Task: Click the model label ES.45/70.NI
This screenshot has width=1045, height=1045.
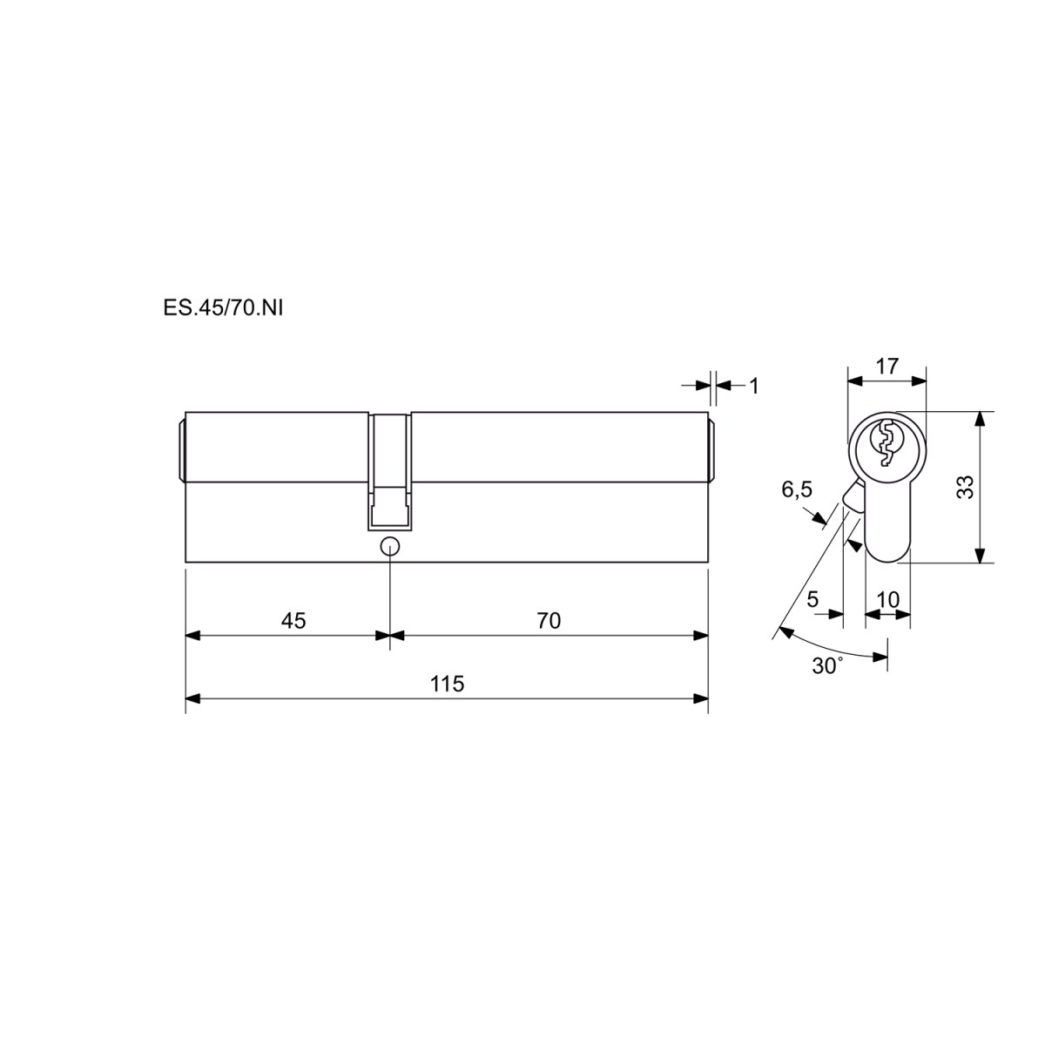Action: tap(223, 308)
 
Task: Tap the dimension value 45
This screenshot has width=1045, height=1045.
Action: tap(293, 620)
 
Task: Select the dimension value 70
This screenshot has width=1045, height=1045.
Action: tap(549, 620)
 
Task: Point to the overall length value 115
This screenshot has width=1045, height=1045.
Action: tap(448, 684)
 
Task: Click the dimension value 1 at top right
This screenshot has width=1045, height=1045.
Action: tap(754, 386)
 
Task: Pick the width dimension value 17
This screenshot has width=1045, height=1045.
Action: tap(887, 367)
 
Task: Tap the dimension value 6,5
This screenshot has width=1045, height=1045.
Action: tap(797, 489)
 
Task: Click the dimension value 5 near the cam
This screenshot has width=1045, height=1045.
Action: tap(812, 599)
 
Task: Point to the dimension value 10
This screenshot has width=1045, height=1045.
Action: tap(887, 599)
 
